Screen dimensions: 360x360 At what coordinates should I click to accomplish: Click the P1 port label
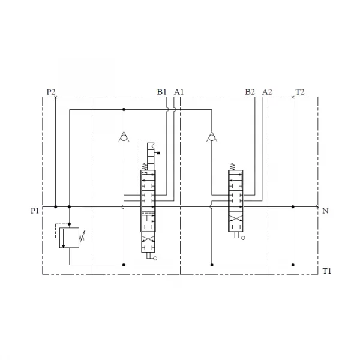click(x=35, y=211)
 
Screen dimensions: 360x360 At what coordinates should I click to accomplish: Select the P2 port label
click(x=51, y=92)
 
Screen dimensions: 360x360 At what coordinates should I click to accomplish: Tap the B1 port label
click(x=161, y=92)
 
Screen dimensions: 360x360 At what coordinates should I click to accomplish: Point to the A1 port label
click(x=178, y=92)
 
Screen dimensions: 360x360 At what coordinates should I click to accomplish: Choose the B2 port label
click(x=250, y=92)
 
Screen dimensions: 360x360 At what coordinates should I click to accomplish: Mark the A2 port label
click(x=267, y=92)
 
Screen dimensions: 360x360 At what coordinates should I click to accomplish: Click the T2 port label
click(x=300, y=92)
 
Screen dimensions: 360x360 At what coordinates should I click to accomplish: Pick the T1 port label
click(x=326, y=271)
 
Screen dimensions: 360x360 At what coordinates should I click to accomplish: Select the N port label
click(x=325, y=211)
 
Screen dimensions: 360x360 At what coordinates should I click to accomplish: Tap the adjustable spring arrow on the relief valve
click(x=82, y=238)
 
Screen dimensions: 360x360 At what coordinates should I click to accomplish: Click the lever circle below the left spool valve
click(x=155, y=259)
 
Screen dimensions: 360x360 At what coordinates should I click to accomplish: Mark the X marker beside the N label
click(x=317, y=207)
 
